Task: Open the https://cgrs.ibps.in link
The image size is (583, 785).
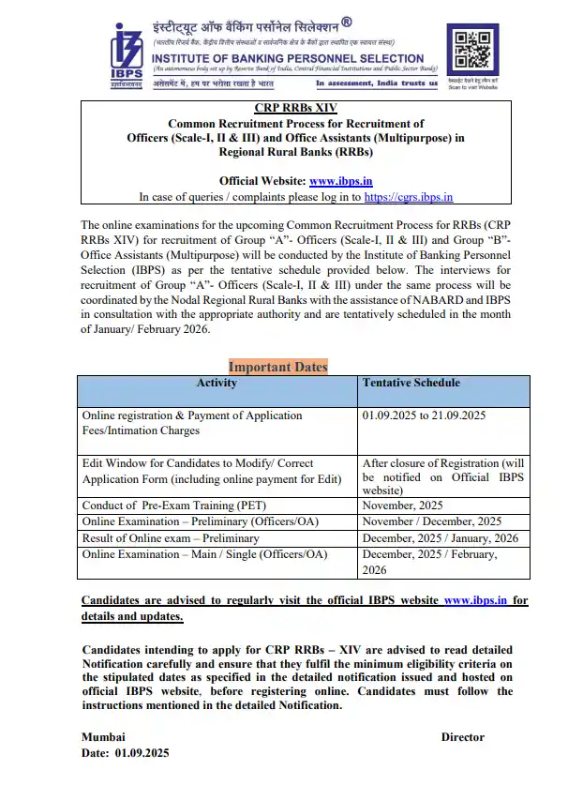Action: point(408,197)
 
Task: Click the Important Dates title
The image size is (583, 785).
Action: point(277,367)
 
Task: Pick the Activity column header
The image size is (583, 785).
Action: point(217,384)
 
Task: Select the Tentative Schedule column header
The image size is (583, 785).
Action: point(411,384)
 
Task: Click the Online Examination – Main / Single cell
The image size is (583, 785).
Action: point(204,554)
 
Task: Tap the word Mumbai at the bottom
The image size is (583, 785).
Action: point(103,737)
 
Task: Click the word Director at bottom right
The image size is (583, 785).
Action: point(462,737)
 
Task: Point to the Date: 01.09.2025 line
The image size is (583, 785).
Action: point(126,753)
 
